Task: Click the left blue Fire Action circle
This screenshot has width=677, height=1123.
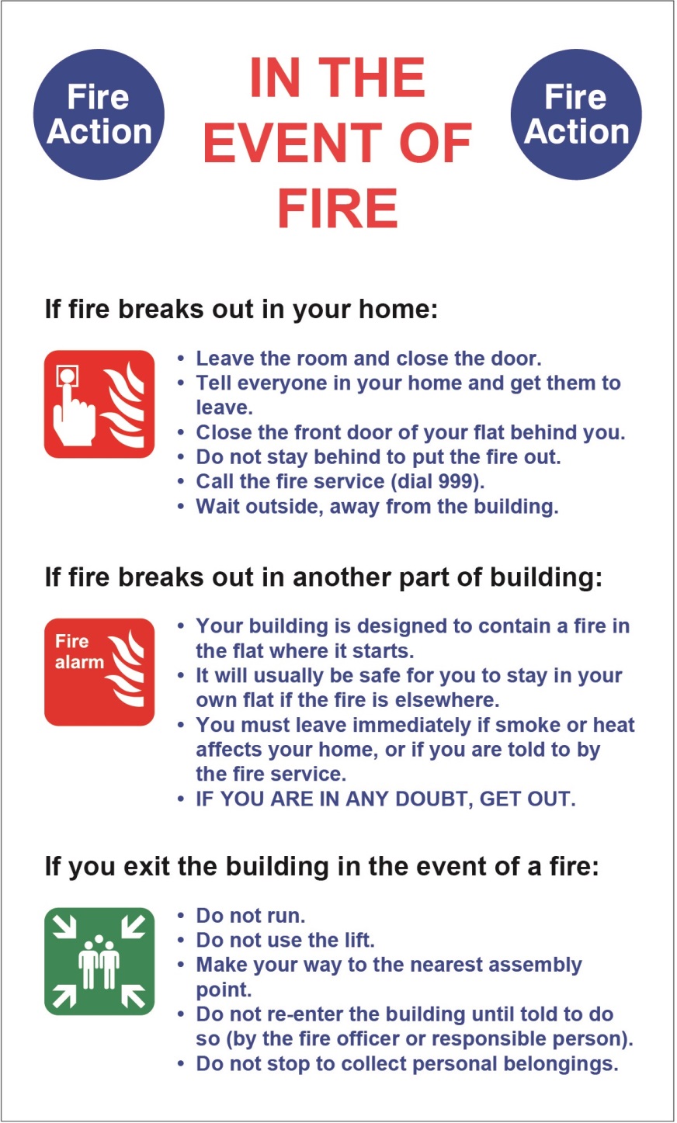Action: (x=99, y=115)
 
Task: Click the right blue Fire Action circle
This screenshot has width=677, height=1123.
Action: (x=576, y=115)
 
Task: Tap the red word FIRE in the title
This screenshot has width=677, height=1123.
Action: (x=337, y=208)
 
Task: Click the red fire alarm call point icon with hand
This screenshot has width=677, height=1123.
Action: (x=99, y=404)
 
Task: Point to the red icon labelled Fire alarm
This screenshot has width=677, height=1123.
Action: (x=99, y=672)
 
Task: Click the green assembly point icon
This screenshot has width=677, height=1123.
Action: (x=99, y=962)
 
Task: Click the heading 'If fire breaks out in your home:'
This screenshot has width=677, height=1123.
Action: (x=241, y=310)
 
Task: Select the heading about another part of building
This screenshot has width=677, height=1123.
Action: (x=323, y=577)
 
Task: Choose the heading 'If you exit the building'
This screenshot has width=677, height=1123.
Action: (x=321, y=866)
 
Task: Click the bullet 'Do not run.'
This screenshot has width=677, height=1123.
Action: (x=250, y=916)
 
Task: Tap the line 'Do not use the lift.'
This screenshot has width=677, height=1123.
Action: (x=285, y=941)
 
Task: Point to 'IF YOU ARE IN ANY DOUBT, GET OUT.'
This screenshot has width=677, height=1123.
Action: (x=385, y=799)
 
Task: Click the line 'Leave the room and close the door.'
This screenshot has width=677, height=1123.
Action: (x=368, y=359)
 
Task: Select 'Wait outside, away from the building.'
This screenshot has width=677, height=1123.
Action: (x=377, y=507)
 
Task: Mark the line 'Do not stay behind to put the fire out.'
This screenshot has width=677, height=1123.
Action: (x=378, y=457)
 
